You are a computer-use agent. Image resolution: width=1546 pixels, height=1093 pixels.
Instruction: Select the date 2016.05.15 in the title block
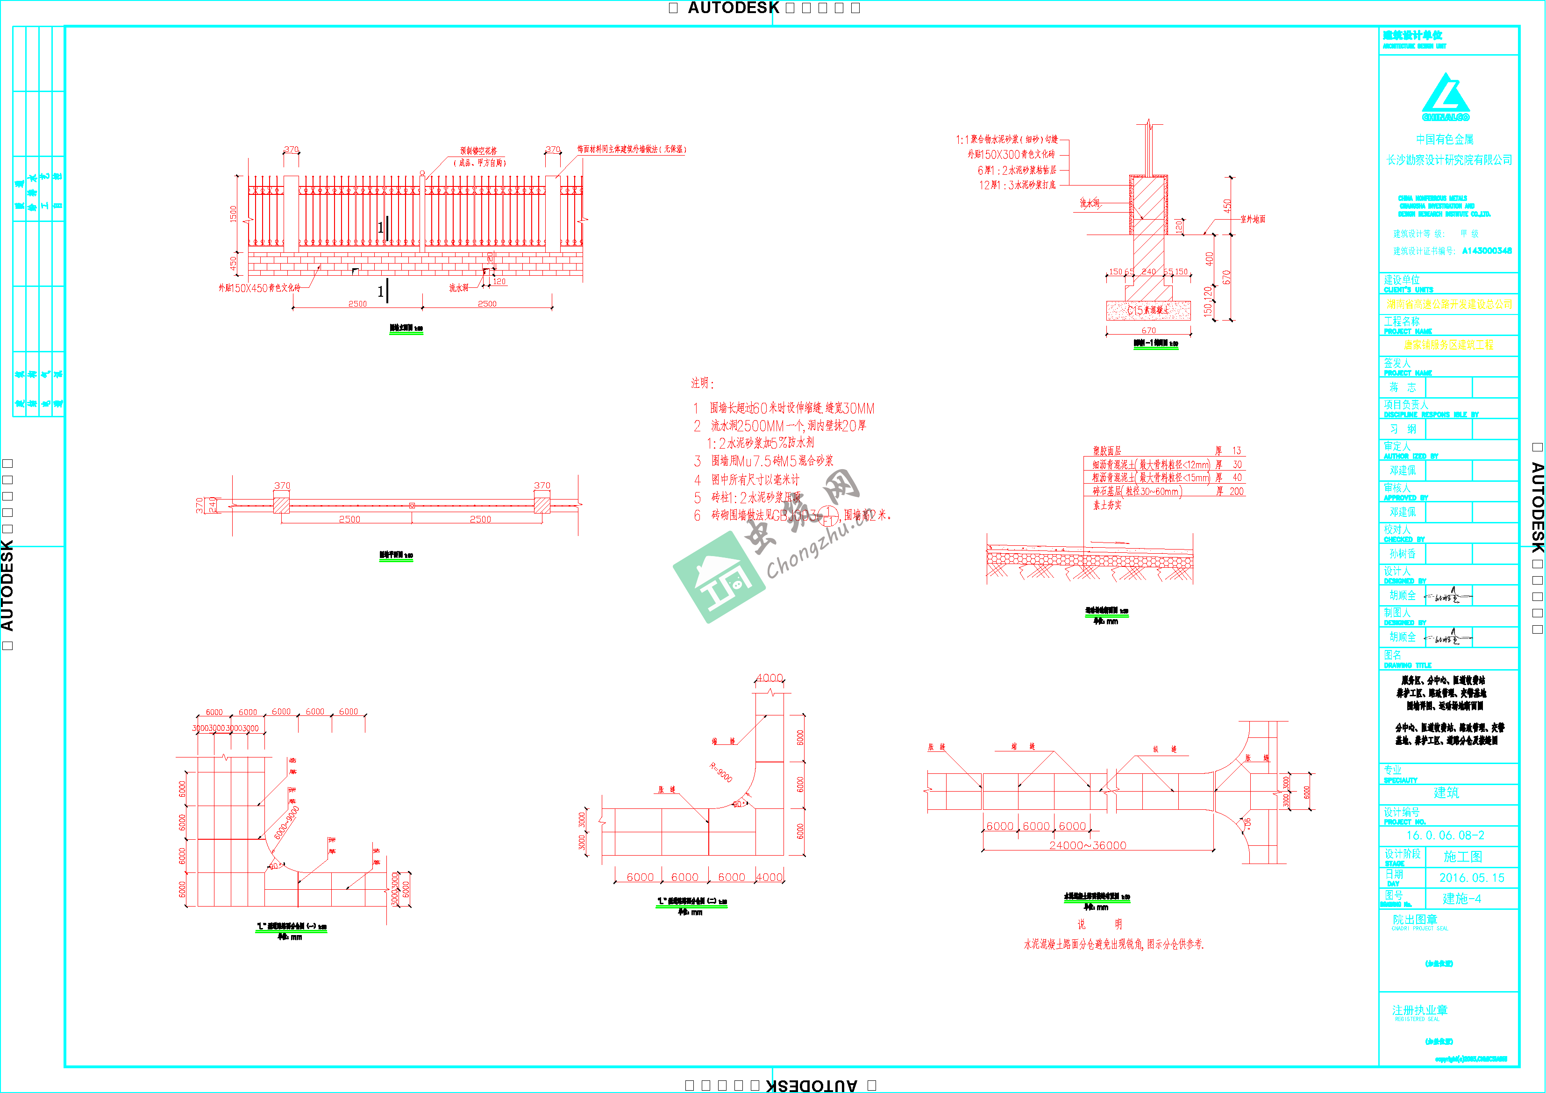(x=1471, y=878)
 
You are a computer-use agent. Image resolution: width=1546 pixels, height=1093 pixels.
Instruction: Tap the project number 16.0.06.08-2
(x=1445, y=835)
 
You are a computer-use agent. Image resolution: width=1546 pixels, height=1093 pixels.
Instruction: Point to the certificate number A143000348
(x=1487, y=250)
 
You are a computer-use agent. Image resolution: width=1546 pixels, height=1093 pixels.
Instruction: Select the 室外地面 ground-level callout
(x=1253, y=219)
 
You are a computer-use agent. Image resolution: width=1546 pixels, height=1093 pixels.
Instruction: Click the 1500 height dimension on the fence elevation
(x=234, y=214)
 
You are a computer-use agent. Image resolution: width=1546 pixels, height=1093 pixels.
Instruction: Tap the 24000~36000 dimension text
(x=1088, y=845)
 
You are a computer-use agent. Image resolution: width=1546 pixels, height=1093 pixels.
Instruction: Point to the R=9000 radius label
(x=720, y=772)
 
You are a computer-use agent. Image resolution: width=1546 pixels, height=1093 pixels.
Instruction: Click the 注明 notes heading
(x=702, y=383)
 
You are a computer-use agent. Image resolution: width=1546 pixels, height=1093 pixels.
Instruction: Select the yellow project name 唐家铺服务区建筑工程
(x=1448, y=345)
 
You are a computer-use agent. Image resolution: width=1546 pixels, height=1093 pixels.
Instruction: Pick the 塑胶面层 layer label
(x=1107, y=450)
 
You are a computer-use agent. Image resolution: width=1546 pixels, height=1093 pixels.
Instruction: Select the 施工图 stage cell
(x=1462, y=857)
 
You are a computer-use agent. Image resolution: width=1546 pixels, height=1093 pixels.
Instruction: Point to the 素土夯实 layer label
(x=1107, y=504)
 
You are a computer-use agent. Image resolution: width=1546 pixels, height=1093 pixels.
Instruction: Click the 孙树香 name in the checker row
(x=1403, y=554)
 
